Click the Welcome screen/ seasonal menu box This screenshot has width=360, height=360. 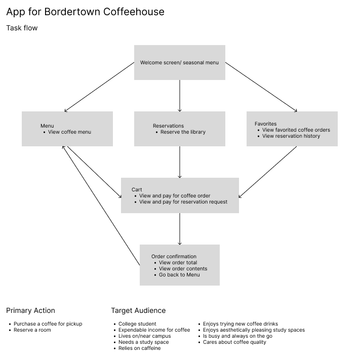179,63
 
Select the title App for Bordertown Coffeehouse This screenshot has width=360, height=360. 85,12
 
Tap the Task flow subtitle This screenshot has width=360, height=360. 22,28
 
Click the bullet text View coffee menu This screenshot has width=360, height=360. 69,132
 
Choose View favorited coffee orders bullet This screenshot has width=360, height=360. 296,130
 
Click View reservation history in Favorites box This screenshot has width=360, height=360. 291,136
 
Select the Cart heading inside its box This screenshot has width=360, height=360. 137,190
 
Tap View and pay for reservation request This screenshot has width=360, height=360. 183,202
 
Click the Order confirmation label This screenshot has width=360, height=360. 174,257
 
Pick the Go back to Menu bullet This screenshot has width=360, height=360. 179,275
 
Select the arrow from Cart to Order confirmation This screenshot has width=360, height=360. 180,229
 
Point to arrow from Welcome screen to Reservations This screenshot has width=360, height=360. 180,95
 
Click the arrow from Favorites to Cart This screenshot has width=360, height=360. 267,172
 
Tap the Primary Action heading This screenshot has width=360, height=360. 30,310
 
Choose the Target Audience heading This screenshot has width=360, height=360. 138,310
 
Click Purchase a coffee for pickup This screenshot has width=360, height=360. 48,324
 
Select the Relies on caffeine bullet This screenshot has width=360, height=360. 139,348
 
